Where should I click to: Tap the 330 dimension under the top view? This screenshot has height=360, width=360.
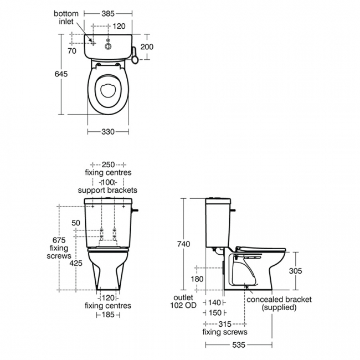[x=107, y=132]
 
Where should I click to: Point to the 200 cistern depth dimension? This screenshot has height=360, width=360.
[x=147, y=47]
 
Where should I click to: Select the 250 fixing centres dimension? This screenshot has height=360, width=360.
[x=108, y=165]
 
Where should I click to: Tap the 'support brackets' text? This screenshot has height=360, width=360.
[x=107, y=190]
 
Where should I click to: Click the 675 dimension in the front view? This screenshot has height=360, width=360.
[x=59, y=240]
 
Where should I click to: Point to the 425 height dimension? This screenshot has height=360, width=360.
[x=76, y=263]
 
